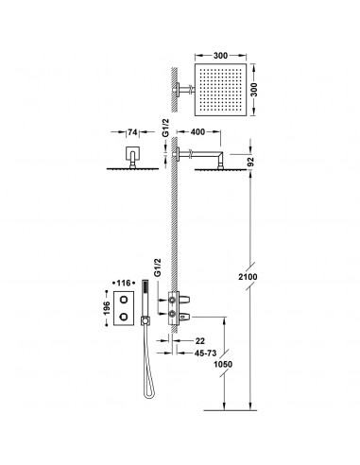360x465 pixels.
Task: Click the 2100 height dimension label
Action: click(x=248, y=277)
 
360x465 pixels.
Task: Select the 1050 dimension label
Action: click(x=223, y=364)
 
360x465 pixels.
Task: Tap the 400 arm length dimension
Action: click(x=198, y=132)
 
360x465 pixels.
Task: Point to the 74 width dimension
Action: click(x=132, y=132)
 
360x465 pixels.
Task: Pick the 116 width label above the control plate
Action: click(x=124, y=284)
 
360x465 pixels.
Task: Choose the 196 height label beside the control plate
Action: click(x=106, y=308)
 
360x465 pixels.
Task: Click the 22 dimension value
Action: click(x=199, y=341)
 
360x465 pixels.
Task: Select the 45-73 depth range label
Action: click(x=205, y=353)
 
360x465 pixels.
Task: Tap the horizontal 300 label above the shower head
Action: click(x=220, y=56)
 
